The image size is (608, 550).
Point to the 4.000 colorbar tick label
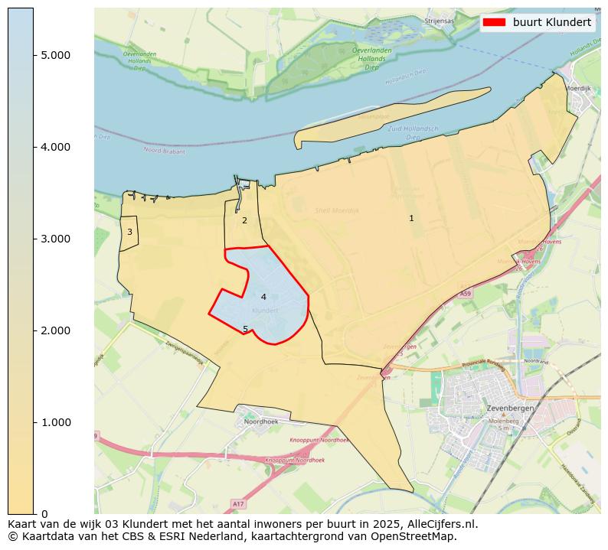coord(55,147)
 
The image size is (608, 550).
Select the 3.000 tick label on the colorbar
coord(55,239)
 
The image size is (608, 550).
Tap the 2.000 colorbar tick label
coord(55,330)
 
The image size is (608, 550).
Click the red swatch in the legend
coord(495,23)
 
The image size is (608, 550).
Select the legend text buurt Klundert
coord(551,23)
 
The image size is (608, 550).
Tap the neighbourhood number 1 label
coord(411,219)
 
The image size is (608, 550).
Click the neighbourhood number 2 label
coord(244,221)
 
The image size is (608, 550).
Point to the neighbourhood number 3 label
coord(129,232)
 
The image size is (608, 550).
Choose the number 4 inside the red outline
coord(263,298)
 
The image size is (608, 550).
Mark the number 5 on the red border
coord(246,330)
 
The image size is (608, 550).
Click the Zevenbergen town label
coord(510,408)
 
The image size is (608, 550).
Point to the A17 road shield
coord(238,503)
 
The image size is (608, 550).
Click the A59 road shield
coord(466,294)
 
